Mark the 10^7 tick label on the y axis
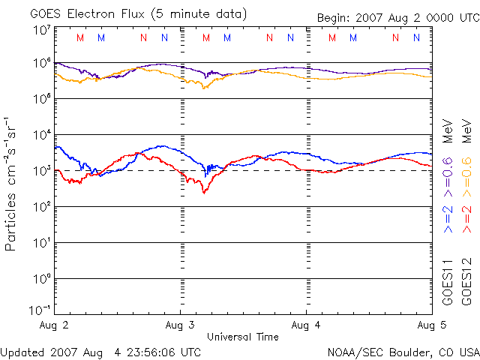pyautogui.click(x=41, y=31)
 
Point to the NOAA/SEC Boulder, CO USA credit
pyautogui.click(x=403, y=352)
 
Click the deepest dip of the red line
pyautogui.click(x=204, y=193)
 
